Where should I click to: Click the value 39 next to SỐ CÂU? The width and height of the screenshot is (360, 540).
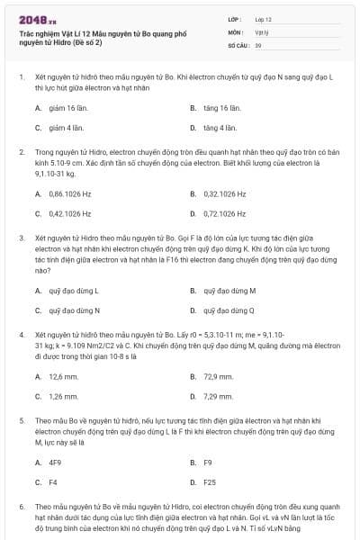[x=258, y=44]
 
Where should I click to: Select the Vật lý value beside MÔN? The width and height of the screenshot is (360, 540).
[x=261, y=31]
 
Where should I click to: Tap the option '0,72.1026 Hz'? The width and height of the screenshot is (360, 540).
[x=225, y=213]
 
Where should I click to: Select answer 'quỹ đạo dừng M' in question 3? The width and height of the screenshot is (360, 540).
[x=229, y=291]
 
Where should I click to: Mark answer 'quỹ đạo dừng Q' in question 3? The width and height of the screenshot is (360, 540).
[x=229, y=310]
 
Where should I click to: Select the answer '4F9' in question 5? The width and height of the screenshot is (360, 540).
[x=55, y=463]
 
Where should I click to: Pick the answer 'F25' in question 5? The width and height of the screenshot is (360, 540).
[x=210, y=482]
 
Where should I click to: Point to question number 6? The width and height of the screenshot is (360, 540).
[x=22, y=507]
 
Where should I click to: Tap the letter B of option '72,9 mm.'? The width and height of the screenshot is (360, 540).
[x=193, y=376]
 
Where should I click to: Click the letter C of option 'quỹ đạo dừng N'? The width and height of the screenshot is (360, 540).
[x=38, y=310]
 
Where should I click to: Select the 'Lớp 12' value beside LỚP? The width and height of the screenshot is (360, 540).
[x=264, y=18]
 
